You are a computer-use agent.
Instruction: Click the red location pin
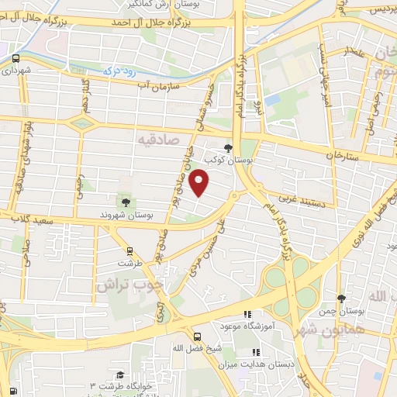tap(200, 181)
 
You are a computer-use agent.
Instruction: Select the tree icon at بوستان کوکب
tap(228, 148)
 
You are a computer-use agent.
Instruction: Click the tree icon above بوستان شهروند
tap(126, 203)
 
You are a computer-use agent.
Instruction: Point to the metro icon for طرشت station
tap(129, 250)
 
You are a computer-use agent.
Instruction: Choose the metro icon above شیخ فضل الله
tap(198, 337)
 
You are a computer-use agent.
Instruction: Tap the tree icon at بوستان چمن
tap(342, 299)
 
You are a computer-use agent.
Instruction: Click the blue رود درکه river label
tap(119, 70)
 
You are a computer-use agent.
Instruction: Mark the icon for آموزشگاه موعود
tap(247, 314)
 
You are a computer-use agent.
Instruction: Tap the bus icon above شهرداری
tap(16, 58)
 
